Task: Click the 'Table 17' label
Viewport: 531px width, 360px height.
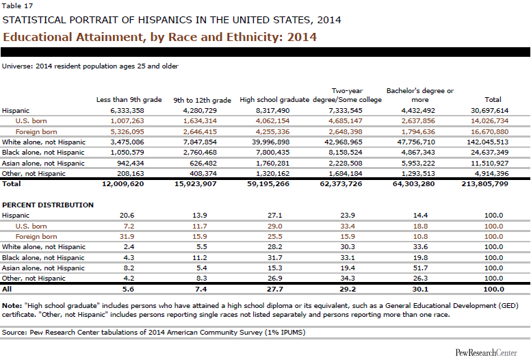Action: click(15, 6)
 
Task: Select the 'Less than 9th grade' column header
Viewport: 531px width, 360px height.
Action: click(129, 100)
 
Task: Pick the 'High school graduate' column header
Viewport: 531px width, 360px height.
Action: click(270, 100)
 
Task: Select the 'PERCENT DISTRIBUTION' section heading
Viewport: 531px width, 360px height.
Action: click(48, 205)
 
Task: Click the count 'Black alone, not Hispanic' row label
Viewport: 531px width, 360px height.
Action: click(44, 152)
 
